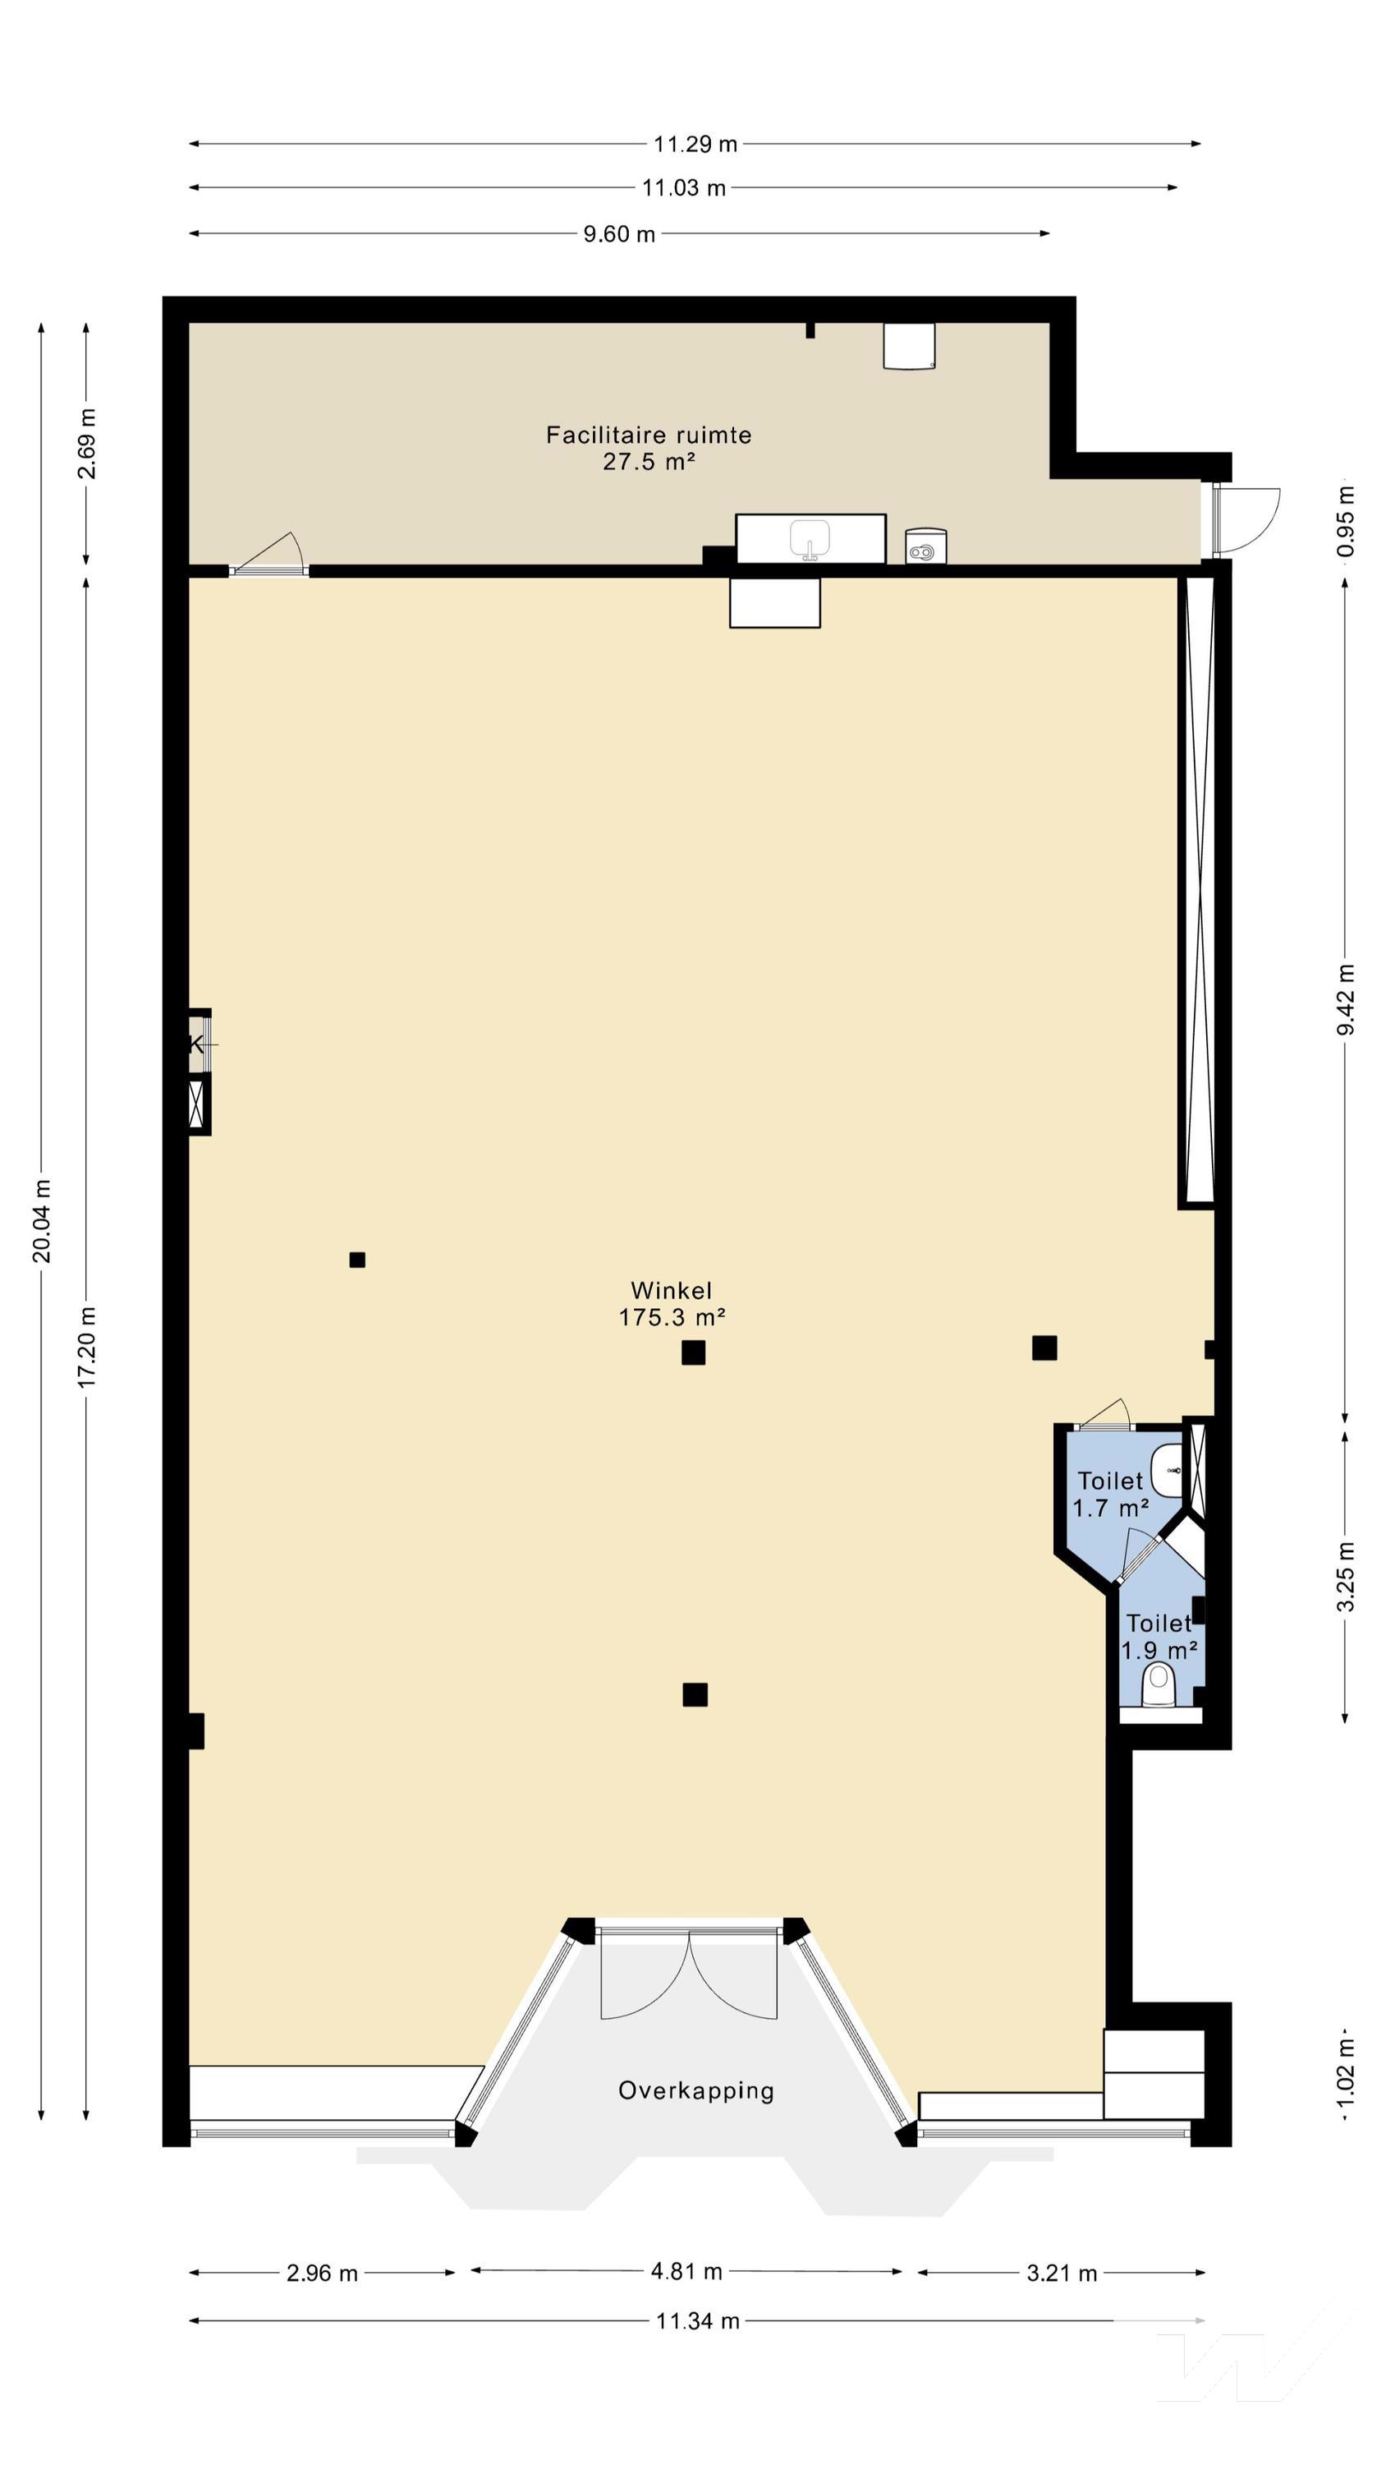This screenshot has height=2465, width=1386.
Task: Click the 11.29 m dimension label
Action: click(695, 145)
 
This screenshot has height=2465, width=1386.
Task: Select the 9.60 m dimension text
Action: click(620, 234)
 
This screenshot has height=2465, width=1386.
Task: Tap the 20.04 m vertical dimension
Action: click(42, 1221)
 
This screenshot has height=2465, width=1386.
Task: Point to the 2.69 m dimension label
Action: click(87, 443)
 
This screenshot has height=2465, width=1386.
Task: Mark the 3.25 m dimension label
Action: click(1346, 1576)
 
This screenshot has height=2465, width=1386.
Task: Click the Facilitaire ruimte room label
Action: click(649, 435)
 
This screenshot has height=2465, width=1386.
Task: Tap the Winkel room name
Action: click(672, 1290)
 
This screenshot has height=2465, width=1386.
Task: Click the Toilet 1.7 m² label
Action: click(1110, 1494)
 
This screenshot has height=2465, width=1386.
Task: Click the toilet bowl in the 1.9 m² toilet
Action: click(1159, 1685)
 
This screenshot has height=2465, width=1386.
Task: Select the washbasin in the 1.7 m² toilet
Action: click(1167, 1471)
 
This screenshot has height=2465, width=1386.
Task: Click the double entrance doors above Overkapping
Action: click(689, 1974)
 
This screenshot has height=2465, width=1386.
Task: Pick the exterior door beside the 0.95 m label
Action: click(1246, 519)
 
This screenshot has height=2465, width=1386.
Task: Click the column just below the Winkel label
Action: click(694, 1352)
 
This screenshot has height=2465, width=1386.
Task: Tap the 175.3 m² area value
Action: click(672, 1318)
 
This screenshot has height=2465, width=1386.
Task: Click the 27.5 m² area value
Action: click(649, 462)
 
